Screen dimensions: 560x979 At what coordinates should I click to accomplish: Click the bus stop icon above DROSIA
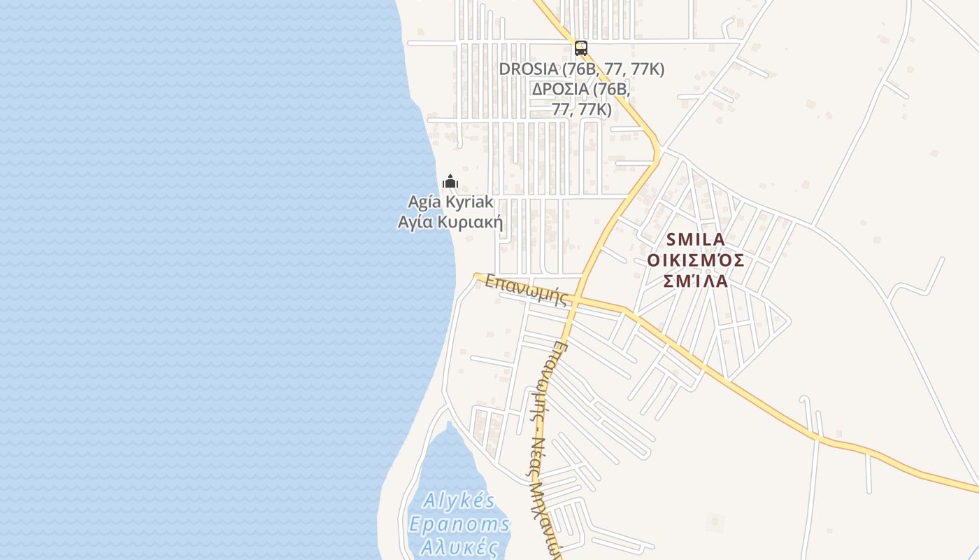click(580, 48)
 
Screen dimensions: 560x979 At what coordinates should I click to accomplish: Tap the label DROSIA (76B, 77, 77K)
click(581, 69)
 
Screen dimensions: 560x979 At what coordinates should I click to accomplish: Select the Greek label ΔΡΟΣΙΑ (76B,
click(581, 90)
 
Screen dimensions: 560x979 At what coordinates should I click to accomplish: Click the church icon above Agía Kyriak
click(450, 182)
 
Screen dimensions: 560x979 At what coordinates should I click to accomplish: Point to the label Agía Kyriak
click(451, 202)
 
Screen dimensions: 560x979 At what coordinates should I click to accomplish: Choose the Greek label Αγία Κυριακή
click(451, 223)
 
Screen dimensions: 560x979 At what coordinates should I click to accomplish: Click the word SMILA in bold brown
click(696, 239)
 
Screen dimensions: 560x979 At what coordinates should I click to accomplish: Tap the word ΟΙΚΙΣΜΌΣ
click(696, 260)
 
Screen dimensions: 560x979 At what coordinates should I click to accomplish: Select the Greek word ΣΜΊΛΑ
click(696, 281)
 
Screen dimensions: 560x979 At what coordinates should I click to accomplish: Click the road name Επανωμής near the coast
click(525, 289)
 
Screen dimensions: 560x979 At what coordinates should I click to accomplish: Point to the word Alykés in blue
click(459, 501)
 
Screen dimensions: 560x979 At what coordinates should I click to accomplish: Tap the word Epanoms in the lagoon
click(459, 524)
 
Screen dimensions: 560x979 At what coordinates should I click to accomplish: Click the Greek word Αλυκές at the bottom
click(459, 547)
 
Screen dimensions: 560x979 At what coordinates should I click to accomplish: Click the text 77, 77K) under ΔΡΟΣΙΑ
click(581, 110)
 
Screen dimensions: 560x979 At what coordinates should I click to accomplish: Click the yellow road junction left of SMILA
click(658, 150)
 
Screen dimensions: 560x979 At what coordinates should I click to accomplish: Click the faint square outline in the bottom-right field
click(715, 521)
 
